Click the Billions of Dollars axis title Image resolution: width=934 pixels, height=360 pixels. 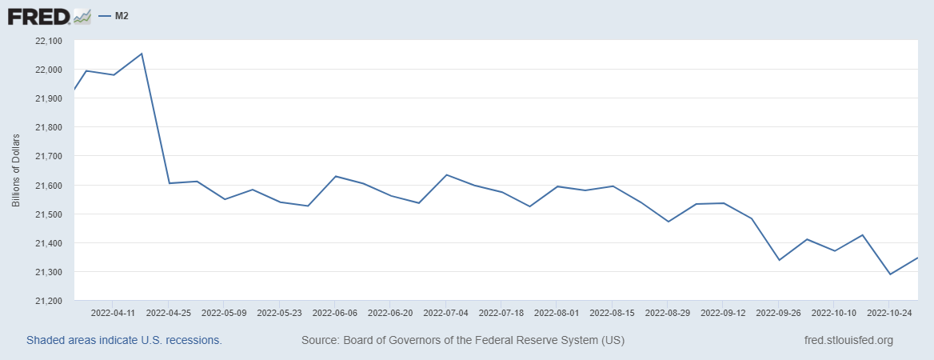[16, 170]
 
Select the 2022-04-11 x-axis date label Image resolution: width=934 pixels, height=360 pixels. [113, 313]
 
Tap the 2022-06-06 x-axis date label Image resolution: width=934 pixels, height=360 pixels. [335, 313]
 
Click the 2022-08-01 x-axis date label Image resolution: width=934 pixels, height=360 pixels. [557, 313]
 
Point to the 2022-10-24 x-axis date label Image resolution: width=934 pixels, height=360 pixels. [890, 313]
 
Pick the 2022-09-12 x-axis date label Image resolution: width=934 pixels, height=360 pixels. [723, 313]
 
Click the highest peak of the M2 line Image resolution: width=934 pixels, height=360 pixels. [142, 54]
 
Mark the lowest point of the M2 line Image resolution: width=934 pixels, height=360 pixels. [890, 274]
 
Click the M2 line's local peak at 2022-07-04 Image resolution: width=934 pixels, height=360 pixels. [446, 174]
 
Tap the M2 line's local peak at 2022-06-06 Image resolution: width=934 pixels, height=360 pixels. [335, 176]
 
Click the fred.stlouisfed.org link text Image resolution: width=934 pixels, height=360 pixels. [848, 340]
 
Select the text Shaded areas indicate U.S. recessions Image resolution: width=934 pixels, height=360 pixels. [124, 340]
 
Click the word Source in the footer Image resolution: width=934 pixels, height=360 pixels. [319, 340]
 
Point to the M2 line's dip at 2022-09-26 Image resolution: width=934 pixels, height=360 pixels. [779, 260]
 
